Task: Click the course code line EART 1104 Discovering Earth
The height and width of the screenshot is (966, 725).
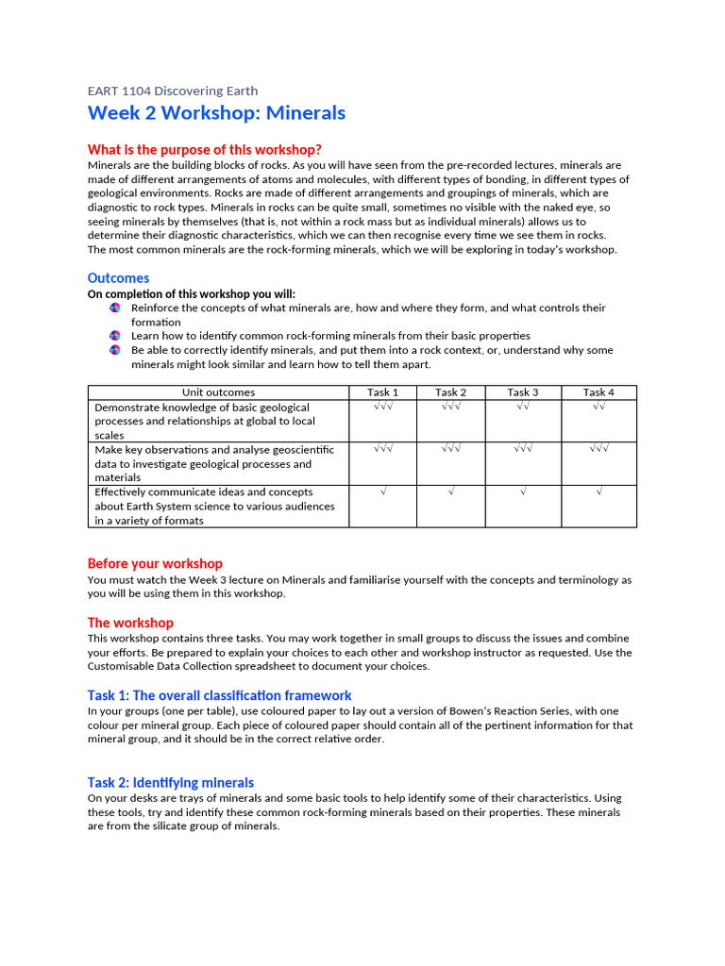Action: tap(172, 91)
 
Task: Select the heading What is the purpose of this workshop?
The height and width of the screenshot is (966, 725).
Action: tap(204, 149)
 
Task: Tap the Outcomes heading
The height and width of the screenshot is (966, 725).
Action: tap(118, 277)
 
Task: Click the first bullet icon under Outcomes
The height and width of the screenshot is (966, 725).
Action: tap(115, 308)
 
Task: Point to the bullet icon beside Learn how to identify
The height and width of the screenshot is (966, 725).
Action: tap(115, 336)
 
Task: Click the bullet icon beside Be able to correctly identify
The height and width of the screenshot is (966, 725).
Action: tap(115, 350)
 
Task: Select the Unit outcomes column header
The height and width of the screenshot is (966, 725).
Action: tap(218, 392)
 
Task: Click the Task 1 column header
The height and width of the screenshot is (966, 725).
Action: tap(382, 392)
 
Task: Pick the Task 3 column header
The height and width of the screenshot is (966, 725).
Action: tap(523, 392)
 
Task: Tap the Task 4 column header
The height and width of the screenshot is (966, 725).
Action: tap(599, 392)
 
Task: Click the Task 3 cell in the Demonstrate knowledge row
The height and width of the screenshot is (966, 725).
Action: tap(523, 407)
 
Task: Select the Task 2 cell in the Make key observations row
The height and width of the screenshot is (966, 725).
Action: tap(450, 449)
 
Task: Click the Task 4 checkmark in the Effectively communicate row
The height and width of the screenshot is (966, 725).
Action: tap(599, 491)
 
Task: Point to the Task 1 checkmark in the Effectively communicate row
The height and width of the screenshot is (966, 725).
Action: tap(382, 491)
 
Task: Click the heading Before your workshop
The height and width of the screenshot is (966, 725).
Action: tap(155, 563)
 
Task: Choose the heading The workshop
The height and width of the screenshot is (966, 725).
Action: tap(130, 623)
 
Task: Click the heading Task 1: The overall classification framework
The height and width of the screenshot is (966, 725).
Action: tap(219, 695)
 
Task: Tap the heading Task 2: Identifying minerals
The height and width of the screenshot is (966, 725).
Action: tap(171, 782)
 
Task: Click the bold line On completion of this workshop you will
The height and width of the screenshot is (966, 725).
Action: tap(191, 293)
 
